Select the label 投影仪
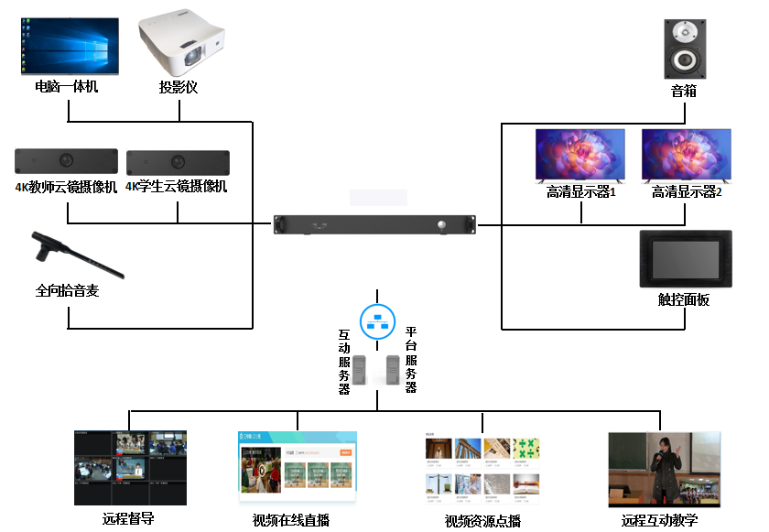pyautogui.click(x=179, y=88)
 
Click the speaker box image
pyautogui.click(x=685, y=51)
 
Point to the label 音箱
pyautogui.click(x=684, y=91)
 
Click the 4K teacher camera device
pyautogui.click(x=66, y=162)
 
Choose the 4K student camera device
pyautogui.click(x=178, y=162)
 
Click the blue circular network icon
pyautogui.click(x=376, y=320)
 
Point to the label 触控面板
pyautogui.click(x=684, y=300)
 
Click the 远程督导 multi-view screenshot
pyautogui.click(x=130, y=467)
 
